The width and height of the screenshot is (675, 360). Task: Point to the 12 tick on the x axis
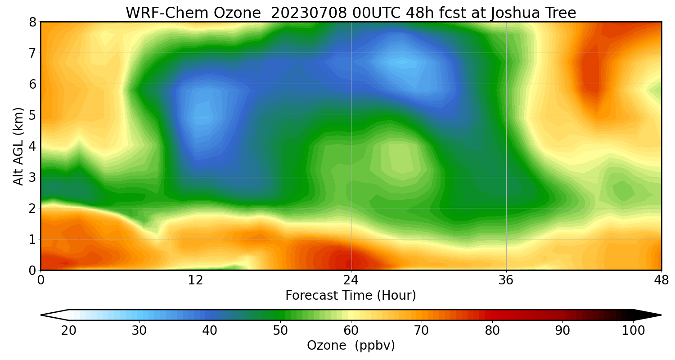coord(196,280)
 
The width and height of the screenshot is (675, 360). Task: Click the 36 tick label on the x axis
coord(506,280)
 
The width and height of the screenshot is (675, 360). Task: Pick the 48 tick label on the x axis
coord(661,280)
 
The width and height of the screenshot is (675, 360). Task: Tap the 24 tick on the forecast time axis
coord(351,280)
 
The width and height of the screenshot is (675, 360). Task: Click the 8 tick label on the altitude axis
coord(32,22)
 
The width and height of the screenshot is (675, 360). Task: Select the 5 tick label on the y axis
coord(32,115)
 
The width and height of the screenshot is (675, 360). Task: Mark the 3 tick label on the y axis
coord(32,177)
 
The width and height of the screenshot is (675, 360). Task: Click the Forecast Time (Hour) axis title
coord(351,296)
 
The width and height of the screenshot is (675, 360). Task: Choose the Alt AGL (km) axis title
coord(18,146)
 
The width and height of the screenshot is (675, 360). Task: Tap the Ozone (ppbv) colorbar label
coord(351,346)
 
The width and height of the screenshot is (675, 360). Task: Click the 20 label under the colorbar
coord(69,331)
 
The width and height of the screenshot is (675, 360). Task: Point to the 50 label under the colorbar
coord(280,331)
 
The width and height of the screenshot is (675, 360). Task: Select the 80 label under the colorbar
coord(492,331)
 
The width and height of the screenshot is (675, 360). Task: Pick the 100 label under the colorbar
coord(633,331)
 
